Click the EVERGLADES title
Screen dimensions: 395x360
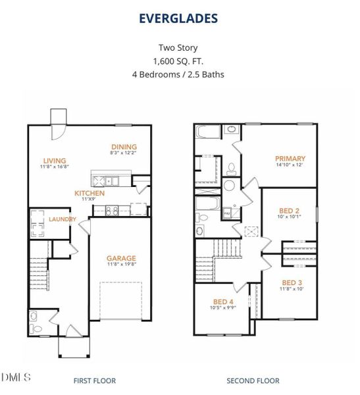tap(178, 18)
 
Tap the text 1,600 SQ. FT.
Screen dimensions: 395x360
tap(178, 61)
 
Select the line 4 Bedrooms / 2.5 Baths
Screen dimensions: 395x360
tap(178, 74)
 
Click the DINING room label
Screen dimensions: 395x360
tap(124, 147)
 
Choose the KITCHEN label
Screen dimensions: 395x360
tap(89, 194)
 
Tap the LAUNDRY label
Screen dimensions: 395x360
tap(62, 219)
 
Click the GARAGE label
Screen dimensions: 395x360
tap(121, 258)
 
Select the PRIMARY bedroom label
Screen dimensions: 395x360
tap(290, 158)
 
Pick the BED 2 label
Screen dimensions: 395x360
tap(290, 211)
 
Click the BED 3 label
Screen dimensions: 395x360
tap(290, 282)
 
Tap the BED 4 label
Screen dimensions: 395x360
tap(222, 302)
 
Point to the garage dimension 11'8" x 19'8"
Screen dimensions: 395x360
tap(121, 266)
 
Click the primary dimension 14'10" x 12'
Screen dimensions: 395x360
tap(290, 165)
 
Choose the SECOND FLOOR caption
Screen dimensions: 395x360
tap(253, 381)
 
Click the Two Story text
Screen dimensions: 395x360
tap(178, 47)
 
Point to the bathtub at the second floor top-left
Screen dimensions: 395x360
tap(209, 132)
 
